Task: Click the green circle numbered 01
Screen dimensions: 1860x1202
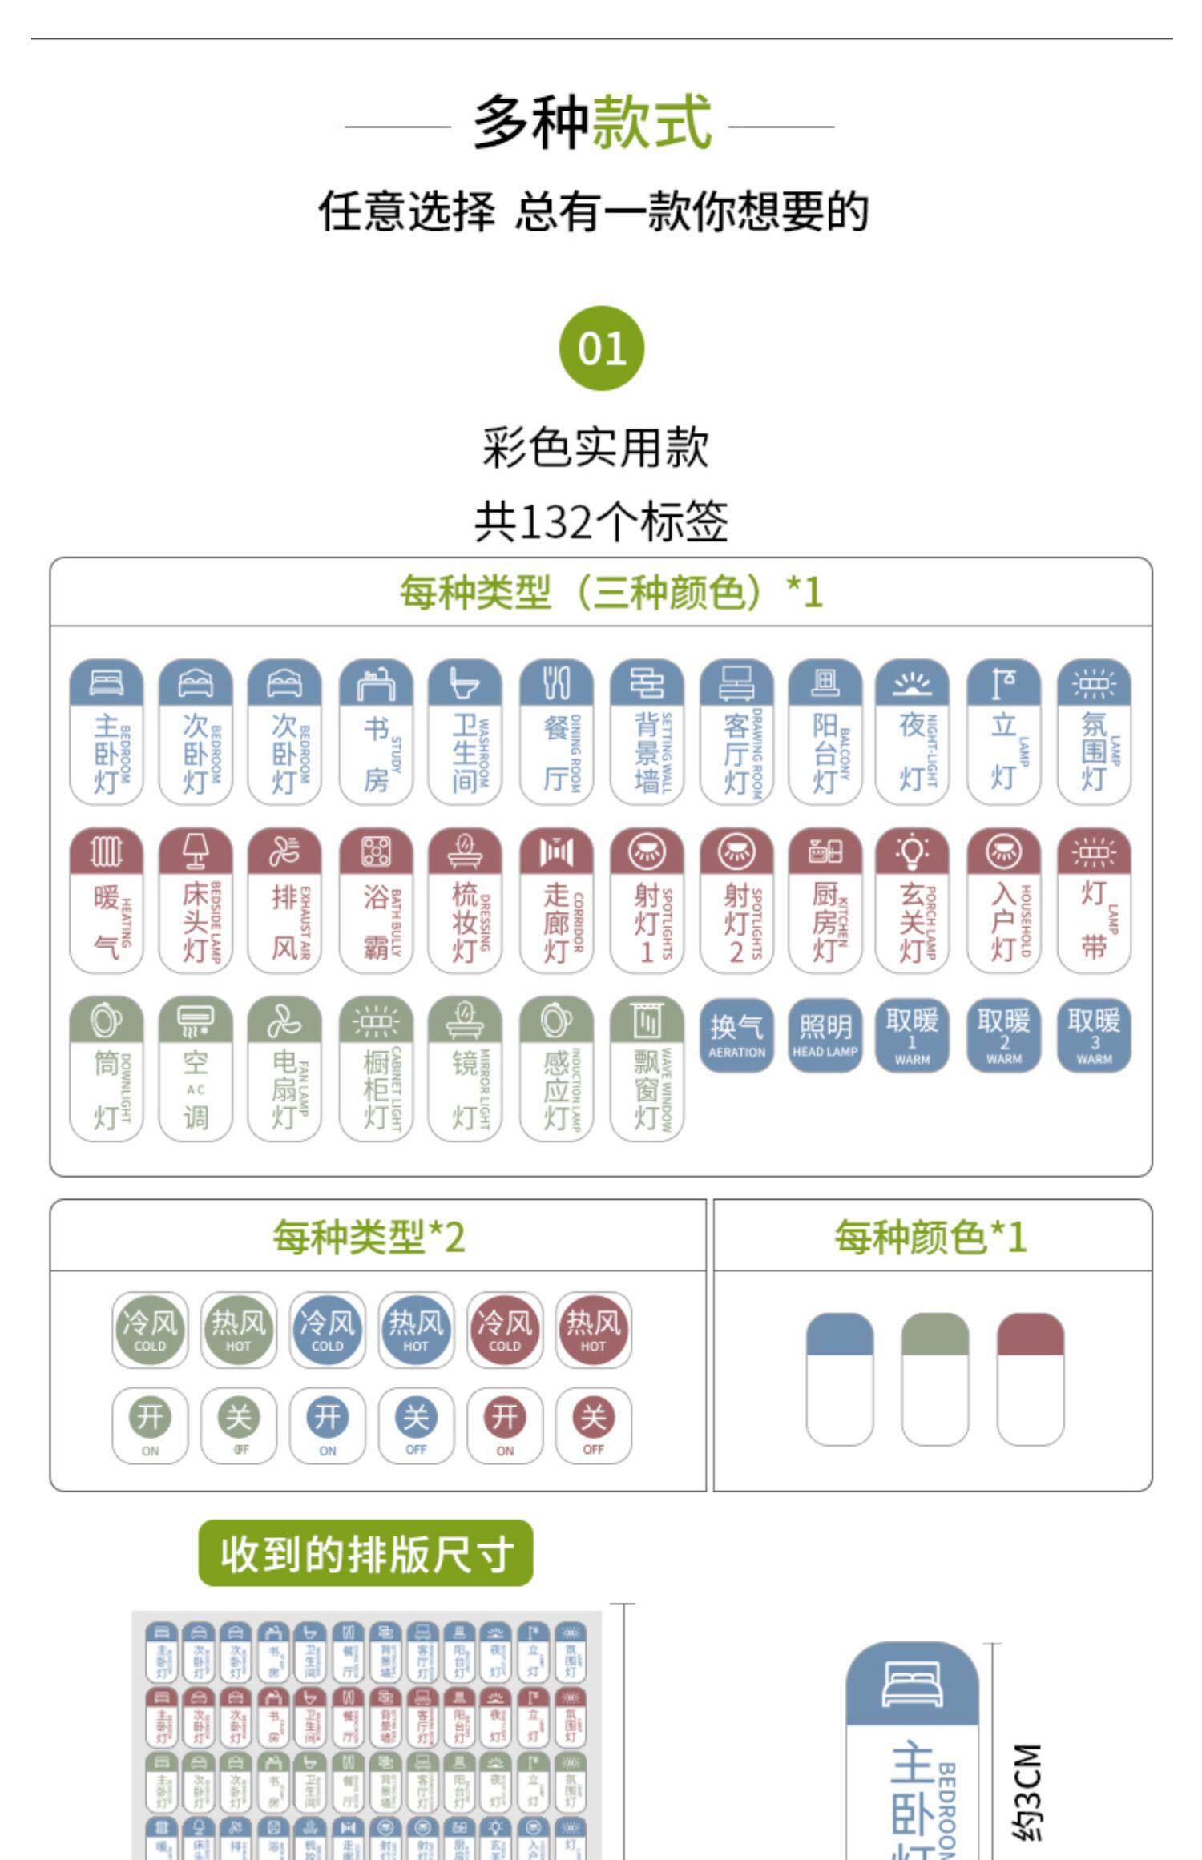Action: pos(601,348)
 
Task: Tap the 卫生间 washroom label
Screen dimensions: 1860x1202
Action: pos(465,731)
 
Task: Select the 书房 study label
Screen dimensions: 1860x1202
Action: pos(376,731)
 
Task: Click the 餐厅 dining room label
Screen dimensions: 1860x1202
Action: pos(556,731)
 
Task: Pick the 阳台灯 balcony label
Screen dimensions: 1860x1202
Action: pos(825,731)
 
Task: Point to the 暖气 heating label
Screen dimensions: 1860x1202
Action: pos(107,900)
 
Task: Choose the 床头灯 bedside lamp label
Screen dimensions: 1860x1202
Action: pos(196,900)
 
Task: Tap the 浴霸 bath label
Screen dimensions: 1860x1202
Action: pos(376,900)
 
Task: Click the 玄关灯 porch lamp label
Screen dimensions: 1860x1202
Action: pos(912,900)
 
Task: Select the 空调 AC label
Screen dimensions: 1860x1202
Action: pos(196,1069)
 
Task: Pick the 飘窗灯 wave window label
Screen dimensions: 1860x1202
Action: pos(647,1069)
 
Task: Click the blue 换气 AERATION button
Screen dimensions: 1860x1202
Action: pos(736,1035)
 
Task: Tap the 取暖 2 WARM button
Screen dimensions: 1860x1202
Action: pos(1003,1035)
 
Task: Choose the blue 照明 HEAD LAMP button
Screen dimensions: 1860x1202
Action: pos(825,1035)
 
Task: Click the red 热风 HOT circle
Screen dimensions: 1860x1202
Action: pos(593,1330)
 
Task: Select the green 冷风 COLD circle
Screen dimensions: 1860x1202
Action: pos(150,1330)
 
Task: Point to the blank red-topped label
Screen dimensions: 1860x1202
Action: pos(1031,1379)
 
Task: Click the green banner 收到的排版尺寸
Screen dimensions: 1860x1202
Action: pos(365,1552)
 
